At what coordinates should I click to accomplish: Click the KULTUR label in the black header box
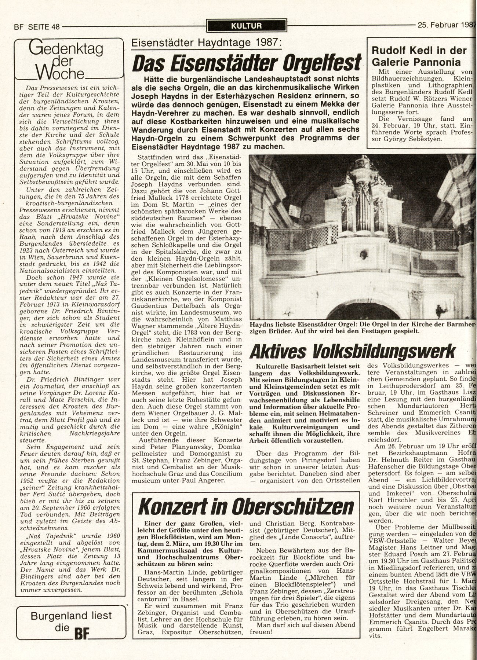(247, 26)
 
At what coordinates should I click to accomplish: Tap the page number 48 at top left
(56, 26)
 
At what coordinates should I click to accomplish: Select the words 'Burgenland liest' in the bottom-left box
(71, 615)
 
